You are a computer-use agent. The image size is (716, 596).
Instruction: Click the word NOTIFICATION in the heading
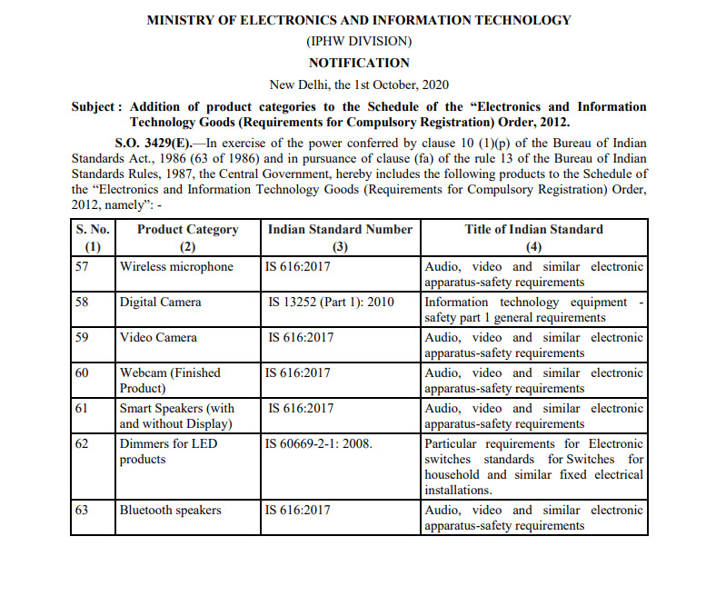359,63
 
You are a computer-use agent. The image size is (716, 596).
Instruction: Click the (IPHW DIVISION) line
359,42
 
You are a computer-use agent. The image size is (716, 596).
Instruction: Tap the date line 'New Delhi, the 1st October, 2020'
359,84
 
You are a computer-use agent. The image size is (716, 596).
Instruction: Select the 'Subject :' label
94,107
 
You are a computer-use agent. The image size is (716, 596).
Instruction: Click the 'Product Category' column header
187,230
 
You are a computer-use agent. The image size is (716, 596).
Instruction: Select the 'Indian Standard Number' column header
340,230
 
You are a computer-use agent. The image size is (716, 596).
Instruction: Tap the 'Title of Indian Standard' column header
533,230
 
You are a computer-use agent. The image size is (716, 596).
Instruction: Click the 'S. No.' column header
93,230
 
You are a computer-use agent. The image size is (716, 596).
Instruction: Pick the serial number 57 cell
83,267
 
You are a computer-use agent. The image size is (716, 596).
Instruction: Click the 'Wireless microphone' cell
176,267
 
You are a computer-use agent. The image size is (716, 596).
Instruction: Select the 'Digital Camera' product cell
160,302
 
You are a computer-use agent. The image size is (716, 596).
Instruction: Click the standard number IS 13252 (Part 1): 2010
332,302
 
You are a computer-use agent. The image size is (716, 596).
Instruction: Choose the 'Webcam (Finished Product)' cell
170,380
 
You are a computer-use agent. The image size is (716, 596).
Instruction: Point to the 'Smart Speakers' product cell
176,415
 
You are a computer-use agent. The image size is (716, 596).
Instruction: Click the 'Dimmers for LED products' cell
168,452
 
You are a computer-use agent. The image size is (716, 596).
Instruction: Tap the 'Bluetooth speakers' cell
170,511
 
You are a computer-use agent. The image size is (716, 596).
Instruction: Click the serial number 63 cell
83,511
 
